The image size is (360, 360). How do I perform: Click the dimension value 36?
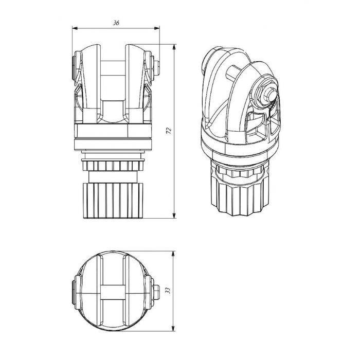point(116,23)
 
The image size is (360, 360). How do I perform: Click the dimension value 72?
point(169,131)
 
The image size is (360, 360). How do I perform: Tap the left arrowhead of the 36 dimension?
point(75,28)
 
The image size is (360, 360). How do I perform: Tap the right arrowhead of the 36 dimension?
point(157,28)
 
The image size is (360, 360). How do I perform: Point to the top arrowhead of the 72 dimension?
point(174,47)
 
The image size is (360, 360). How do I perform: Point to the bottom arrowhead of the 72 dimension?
point(174,215)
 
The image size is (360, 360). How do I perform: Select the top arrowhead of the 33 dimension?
point(174,254)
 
